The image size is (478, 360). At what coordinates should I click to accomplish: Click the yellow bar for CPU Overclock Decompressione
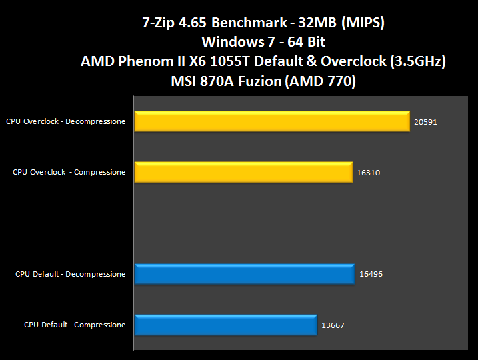271,121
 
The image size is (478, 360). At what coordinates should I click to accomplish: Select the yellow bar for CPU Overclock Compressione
243,172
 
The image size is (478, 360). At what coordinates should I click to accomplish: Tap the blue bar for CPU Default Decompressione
244,274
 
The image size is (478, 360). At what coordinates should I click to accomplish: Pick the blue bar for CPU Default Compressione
225,325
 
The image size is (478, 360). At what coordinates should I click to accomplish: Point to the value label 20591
425,122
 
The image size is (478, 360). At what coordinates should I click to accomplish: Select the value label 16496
370,274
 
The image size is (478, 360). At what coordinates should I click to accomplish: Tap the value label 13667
332,325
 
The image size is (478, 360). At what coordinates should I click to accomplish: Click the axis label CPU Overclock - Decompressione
65,121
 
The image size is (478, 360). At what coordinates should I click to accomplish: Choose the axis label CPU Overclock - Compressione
69,172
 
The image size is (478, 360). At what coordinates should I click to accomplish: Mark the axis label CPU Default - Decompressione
70,274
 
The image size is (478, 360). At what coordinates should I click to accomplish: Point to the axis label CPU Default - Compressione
75,325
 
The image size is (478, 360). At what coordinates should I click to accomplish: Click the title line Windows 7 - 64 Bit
263,42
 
